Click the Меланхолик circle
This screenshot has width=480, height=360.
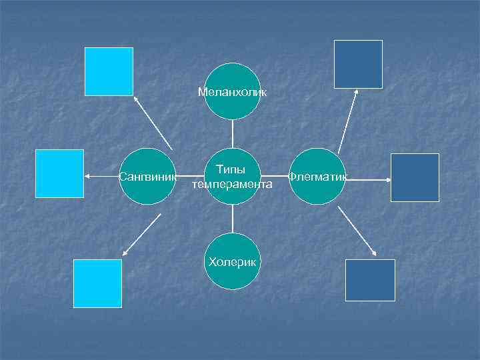232,91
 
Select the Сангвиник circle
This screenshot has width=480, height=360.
149,177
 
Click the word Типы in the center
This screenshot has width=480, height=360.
231,170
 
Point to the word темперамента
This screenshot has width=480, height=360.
232,183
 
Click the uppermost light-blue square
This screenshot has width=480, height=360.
109,71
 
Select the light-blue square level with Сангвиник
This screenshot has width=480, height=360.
59,173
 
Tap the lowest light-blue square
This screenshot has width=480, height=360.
97,283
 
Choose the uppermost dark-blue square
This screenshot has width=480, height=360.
358,64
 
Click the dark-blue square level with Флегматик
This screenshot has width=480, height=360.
415,177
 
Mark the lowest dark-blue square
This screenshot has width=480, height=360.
370,280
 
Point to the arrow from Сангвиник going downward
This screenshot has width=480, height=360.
142,234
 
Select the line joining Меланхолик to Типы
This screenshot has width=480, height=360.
232,134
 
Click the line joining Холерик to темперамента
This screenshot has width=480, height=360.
232,219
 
